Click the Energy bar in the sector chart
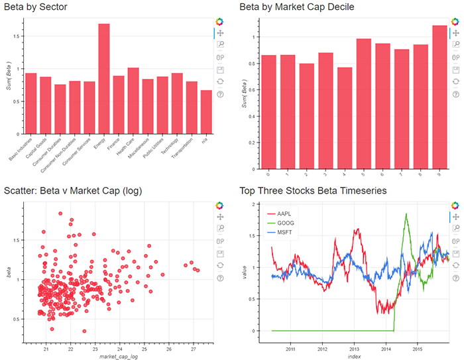point(103,80)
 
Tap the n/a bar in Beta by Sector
point(206,113)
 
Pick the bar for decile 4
point(345,118)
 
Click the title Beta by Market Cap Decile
point(297,7)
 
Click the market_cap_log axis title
point(118,357)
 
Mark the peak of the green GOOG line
point(406,223)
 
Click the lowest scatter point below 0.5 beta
point(84,331)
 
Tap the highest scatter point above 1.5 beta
point(60,213)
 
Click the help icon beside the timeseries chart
point(455,278)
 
